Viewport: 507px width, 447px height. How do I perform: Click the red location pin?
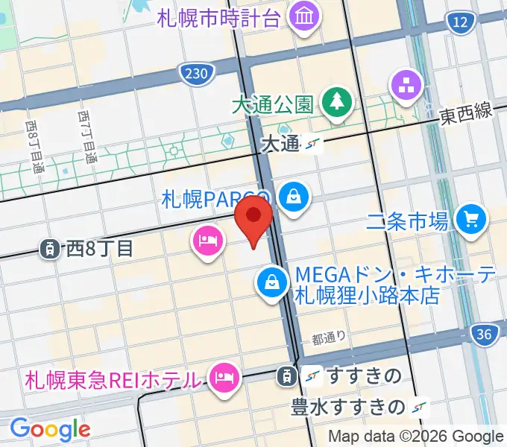[x=254, y=217]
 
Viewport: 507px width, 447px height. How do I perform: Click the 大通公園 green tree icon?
[x=337, y=103]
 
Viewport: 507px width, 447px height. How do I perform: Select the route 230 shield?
[x=198, y=72]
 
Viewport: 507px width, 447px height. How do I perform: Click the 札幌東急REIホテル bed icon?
[x=223, y=377]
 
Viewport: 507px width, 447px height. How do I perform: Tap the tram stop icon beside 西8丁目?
[x=50, y=249]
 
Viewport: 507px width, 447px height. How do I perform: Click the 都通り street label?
[x=328, y=339]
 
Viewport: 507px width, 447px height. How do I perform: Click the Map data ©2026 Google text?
[x=415, y=436]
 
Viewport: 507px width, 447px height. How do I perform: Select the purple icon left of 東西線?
[x=407, y=86]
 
